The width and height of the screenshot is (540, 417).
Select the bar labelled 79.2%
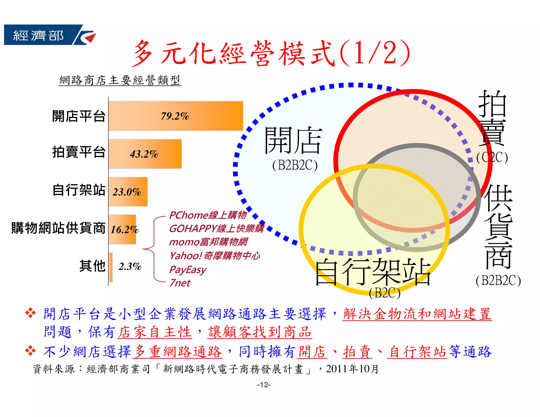pos(176,116)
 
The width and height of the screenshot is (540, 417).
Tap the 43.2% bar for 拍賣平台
pos(145,154)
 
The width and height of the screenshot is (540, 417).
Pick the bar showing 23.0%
pos(128,192)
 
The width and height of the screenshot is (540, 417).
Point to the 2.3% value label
pos(130,266)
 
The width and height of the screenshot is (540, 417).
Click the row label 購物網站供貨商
pos(58,228)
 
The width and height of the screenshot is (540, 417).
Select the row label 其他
pos(92,266)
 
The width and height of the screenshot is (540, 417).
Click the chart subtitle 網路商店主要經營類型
pos(120,80)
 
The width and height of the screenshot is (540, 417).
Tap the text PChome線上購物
pos(208,215)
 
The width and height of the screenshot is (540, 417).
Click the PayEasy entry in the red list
pos(188,269)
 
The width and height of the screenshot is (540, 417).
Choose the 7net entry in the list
pos(180,283)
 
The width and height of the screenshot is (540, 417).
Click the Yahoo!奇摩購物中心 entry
pos(214,255)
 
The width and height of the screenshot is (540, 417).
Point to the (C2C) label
pos(492,157)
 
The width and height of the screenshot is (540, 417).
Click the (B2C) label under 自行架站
pos(385,293)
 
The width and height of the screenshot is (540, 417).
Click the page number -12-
pos(264,385)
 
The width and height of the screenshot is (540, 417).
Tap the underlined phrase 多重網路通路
pos(177,352)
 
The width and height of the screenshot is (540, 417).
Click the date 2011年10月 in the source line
pos(352,369)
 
